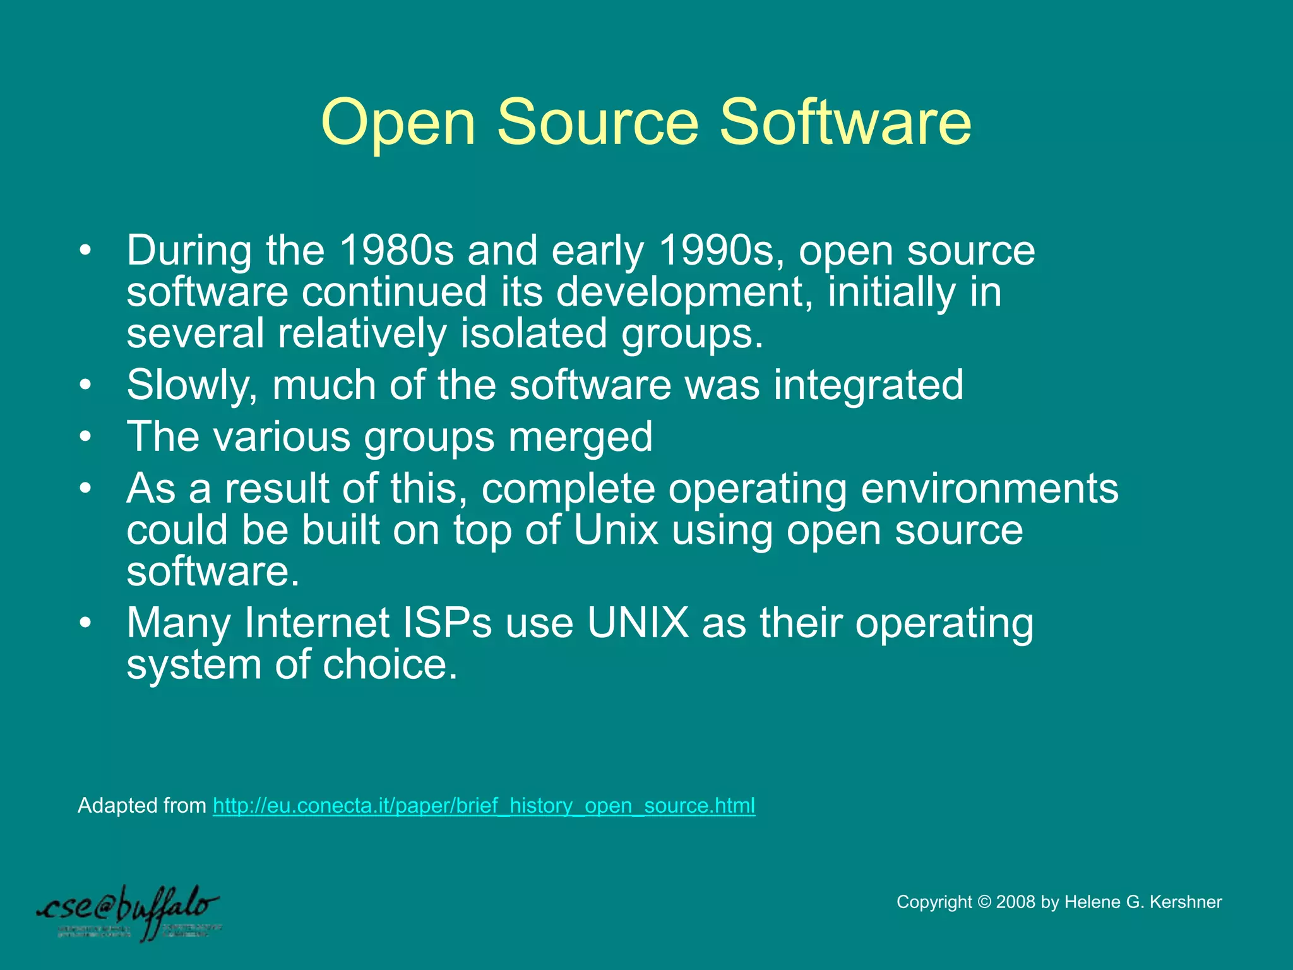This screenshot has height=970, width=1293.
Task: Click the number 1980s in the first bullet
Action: tap(396, 250)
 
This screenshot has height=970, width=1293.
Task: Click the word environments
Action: tap(989, 489)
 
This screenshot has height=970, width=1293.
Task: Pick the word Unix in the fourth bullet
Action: tap(616, 530)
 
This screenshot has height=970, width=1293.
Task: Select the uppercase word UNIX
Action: tap(638, 623)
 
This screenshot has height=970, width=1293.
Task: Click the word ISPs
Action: tap(447, 623)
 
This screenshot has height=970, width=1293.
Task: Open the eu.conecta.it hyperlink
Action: tap(484, 806)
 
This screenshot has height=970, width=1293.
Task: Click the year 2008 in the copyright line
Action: tap(1016, 902)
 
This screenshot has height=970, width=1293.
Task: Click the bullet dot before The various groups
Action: tap(85, 437)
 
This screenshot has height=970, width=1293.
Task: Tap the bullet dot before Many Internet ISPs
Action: tap(85, 623)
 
